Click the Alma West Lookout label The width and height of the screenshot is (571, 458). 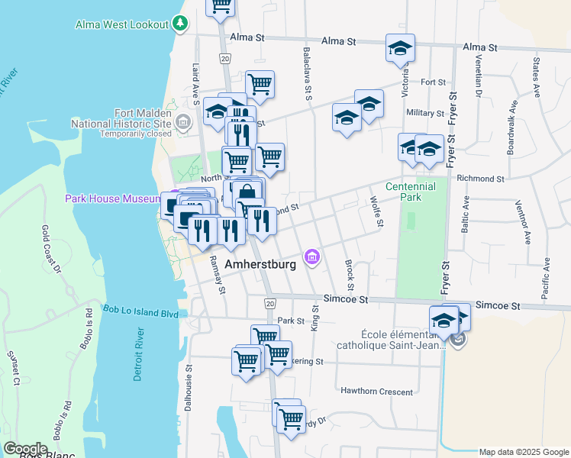tap(121, 24)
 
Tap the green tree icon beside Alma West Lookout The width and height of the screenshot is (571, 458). tap(180, 24)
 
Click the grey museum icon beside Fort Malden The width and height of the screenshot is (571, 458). tap(183, 121)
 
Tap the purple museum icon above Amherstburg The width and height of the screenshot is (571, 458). tap(311, 258)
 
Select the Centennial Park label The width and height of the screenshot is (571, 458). tap(411, 192)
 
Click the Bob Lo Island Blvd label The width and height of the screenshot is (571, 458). tap(140, 312)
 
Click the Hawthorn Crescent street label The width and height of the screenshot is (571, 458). tap(377, 391)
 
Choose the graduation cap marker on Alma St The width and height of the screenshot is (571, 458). tap(400, 49)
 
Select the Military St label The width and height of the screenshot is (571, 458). tap(425, 113)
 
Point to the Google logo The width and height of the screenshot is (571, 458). tap(25, 449)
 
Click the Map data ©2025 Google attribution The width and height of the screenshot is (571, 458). tap(523, 452)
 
